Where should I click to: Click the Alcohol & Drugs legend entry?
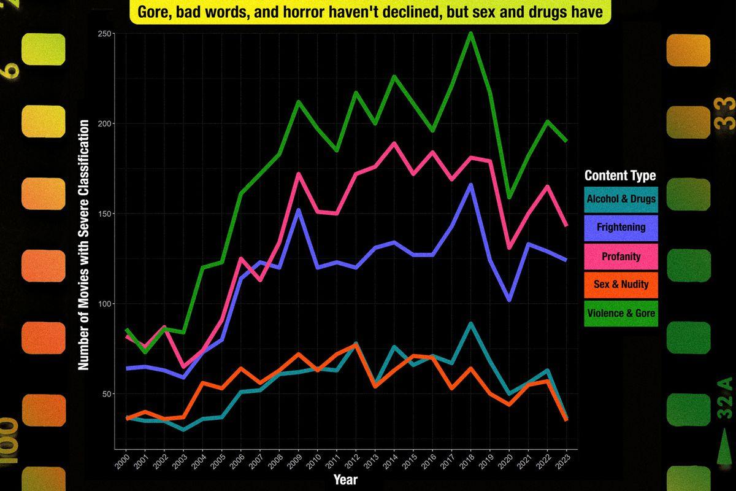click(x=621, y=199)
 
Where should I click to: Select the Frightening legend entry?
click(x=621, y=227)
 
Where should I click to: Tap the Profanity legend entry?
click(x=621, y=256)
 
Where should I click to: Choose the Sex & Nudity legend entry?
click(x=621, y=284)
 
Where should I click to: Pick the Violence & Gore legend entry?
click(x=621, y=313)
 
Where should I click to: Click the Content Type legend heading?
click(x=620, y=176)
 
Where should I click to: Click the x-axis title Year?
click(x=345, y=479)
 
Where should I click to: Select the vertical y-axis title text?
click(x=84, y=245)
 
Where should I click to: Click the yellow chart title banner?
click(x=370, y=13)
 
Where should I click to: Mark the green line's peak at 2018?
click(x=471, y=34)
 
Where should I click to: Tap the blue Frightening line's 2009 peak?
click(x=299, y=211)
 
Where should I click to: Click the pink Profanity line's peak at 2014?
click(x=394, y=144)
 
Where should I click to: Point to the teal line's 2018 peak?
click(x=470, y=323)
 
